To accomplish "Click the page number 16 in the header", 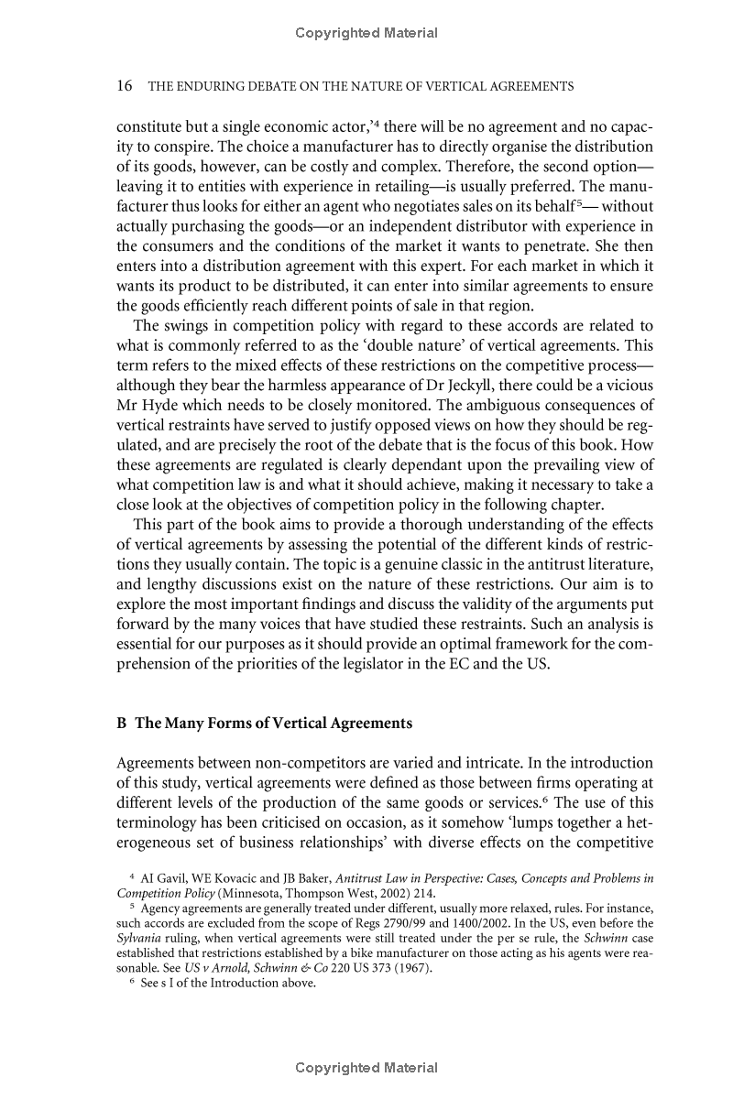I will pos(125,87).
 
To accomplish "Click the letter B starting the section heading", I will pos(121,724).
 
